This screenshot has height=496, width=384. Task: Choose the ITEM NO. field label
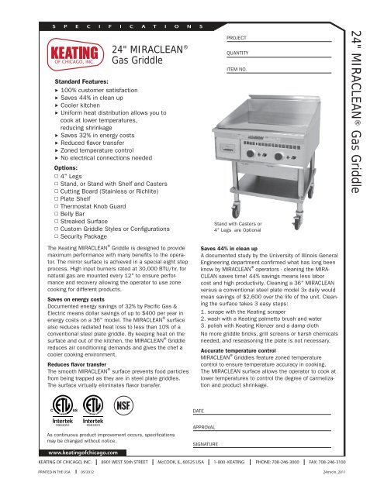point(238,70)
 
